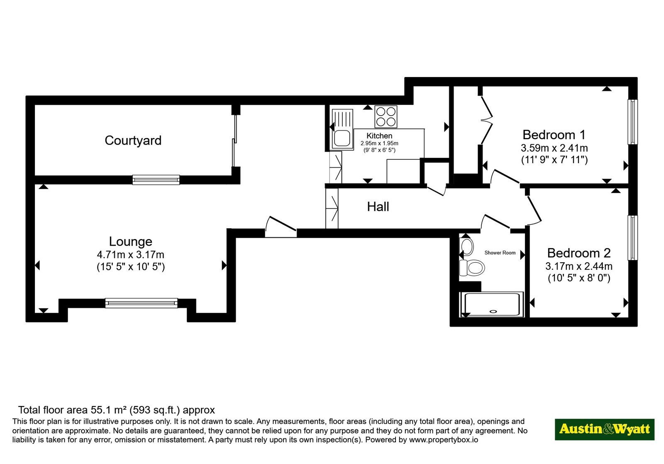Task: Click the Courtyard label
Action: point(133,140)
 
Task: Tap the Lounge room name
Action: point(130,242)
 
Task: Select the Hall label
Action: point(378,207)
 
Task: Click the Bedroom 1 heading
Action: point(554,135)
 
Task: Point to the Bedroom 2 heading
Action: point(579,253)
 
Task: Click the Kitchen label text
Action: point(379,136)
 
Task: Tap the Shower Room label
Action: point(500,253)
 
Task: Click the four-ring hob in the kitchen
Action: point(386,117)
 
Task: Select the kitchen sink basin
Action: point(342,138)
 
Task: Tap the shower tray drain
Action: point(493,311)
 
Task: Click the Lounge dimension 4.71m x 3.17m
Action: point(130,254)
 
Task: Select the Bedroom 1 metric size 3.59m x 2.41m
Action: point(554,148)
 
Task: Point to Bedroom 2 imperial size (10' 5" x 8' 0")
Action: point(579,278)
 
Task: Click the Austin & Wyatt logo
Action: point(605,429)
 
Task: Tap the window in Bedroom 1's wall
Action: point(632,122)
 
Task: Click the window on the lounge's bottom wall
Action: point(142,303)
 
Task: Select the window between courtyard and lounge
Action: point(156,180)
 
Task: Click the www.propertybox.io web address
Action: point(444,440)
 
